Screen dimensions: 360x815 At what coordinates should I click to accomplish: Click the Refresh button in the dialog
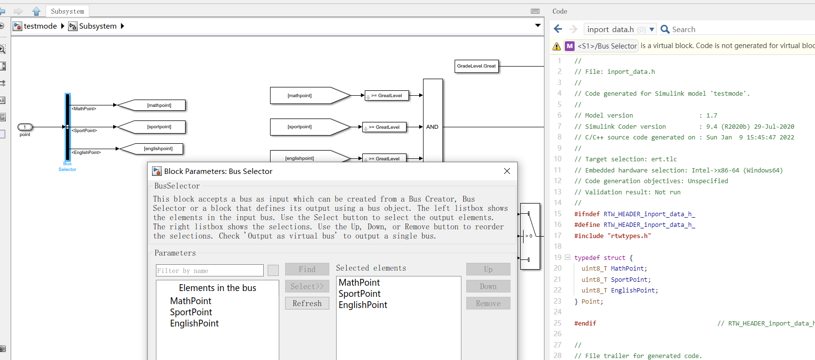(x=307, y=303)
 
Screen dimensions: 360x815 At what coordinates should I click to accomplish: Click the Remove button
(x=488, y=303)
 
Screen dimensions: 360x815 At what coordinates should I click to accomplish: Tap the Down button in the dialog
(x=488, y=286)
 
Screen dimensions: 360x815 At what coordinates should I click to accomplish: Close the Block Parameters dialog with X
(x=507, y=171)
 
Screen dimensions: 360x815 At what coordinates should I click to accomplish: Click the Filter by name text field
(x=210, y=271)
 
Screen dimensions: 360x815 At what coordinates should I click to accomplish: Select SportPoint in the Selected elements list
(x=359, y=294)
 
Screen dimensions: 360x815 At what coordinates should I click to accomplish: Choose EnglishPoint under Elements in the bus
(x=194, y=324)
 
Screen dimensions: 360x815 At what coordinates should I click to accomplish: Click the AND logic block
(x=432, y=127)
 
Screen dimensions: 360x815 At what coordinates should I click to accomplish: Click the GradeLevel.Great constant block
(x=476, y=66)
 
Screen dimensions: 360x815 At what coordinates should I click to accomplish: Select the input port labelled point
(x=25, y=127)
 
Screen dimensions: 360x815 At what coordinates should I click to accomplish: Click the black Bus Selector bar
(x=68, y=127)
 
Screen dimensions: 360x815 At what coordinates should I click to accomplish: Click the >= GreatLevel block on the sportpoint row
(x=384, y=127)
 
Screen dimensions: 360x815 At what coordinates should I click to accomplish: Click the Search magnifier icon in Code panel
(x=665, y=30)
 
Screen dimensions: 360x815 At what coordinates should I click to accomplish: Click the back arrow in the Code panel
(x=558, y=29)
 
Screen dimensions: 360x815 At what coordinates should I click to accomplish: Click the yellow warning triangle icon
(x=557, y=46)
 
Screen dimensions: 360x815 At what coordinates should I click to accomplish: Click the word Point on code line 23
(x=590, y=302)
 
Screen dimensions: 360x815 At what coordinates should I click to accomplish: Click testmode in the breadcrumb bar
(x=40, y=26)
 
